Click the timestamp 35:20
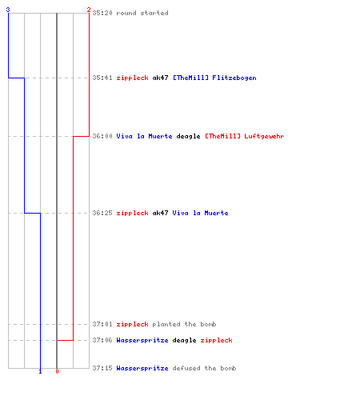[102, 13]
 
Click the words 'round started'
[142, 13]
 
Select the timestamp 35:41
[102, 78]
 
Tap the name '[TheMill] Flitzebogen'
[214, 78]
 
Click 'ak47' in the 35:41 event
[160, 78]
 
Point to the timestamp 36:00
[102, 136]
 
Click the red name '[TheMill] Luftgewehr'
[245, 136]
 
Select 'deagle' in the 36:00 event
[188, 136]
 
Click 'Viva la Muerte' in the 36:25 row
[200, 213]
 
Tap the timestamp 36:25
[102, 213]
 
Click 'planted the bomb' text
[184, 324]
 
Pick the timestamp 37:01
[102, 324]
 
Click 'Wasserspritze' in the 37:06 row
[142, 341]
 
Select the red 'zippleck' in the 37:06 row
[216, 341]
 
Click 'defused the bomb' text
[204, 368]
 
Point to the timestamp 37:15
[102, 368]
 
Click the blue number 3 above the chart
[8, 10]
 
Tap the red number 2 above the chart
[89, 10]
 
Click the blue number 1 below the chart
[40, 371]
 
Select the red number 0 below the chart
[57, 371]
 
